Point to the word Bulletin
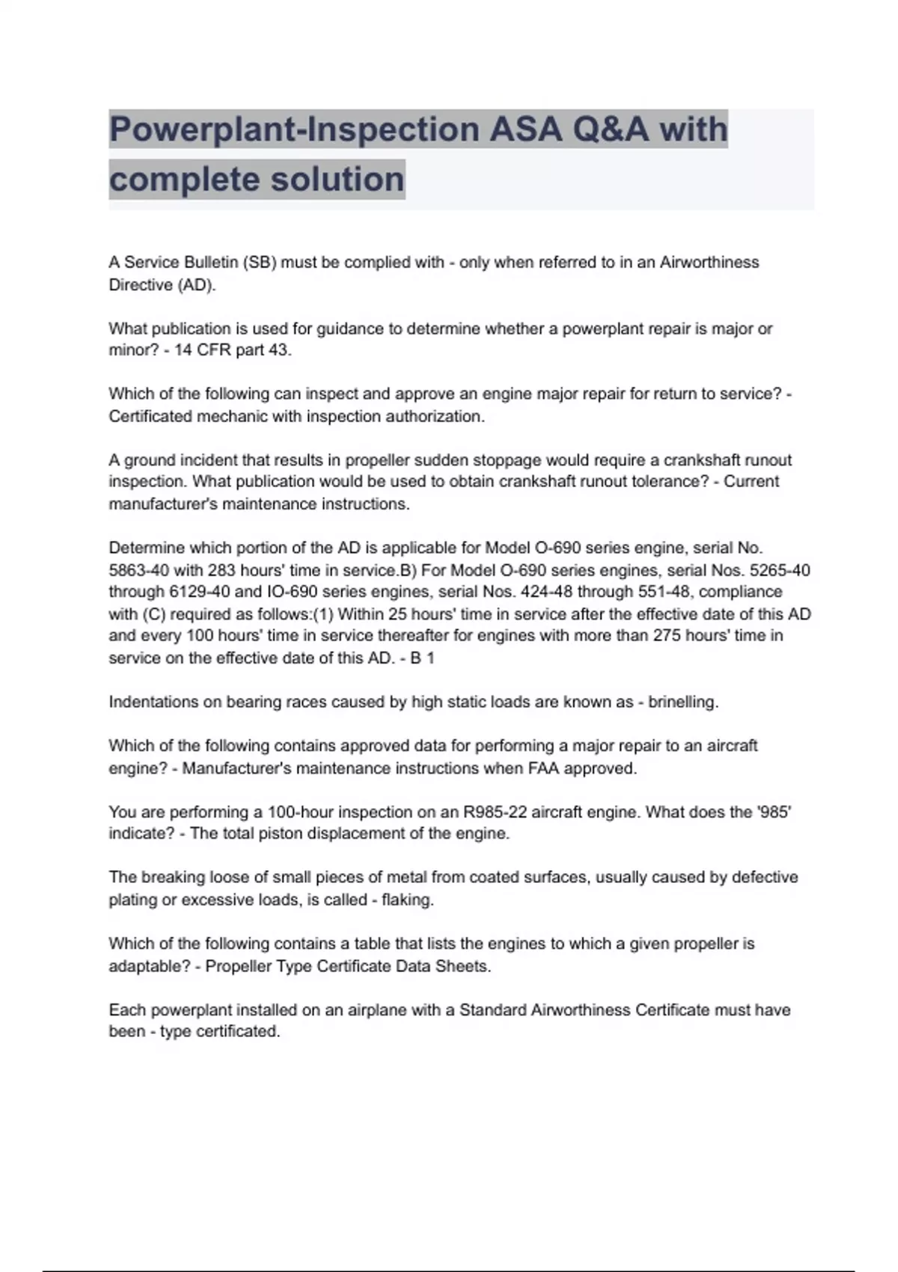[195, 263]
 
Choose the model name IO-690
[291, 592]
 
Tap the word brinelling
[682, 702]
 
